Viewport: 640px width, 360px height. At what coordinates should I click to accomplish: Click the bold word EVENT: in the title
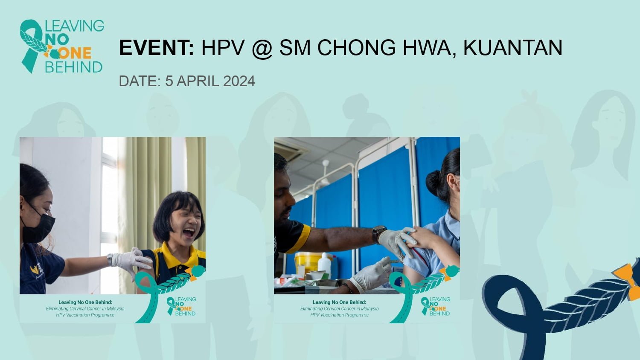[157, 47]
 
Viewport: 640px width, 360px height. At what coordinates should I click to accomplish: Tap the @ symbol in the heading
[262, 48]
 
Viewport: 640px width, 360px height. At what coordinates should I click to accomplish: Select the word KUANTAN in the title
[512, 47]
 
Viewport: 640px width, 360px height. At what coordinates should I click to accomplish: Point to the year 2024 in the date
[239, 81]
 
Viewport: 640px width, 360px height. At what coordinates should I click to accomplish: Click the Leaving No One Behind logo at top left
[62, 46]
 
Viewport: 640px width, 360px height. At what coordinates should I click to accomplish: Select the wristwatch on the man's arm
[379, 233]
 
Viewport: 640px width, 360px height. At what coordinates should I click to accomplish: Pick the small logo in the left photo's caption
[181, 306]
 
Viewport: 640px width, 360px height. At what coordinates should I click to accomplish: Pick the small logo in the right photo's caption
[436, 306]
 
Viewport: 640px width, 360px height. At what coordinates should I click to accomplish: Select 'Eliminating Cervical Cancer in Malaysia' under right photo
[340, 308]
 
